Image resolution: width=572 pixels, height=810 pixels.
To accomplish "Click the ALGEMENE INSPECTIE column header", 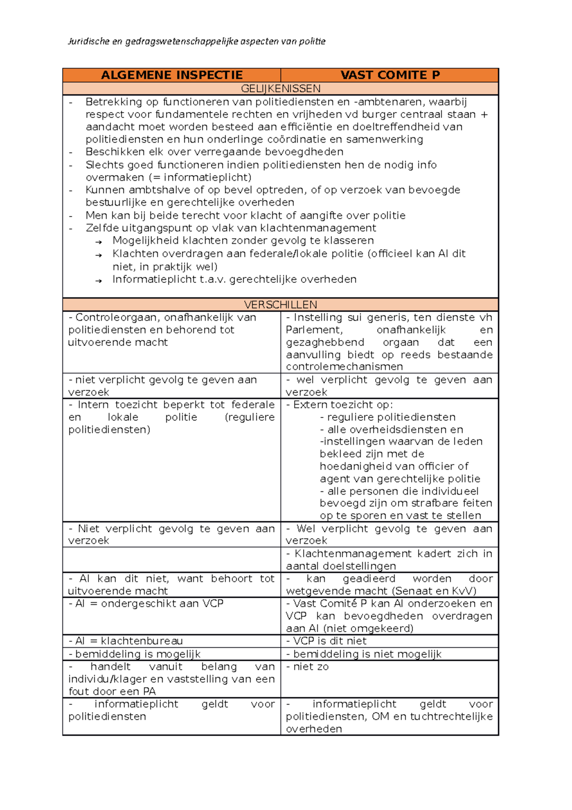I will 172,75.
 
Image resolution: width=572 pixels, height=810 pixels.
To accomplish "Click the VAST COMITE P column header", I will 389,75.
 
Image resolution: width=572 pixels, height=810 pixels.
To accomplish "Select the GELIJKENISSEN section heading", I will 280,89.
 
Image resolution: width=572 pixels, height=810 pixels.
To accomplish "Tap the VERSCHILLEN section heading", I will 280,305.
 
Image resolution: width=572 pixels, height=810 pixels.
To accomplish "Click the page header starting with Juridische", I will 196,42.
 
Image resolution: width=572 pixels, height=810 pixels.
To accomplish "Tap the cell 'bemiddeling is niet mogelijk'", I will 367,654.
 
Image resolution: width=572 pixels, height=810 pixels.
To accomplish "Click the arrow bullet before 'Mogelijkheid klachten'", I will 99,242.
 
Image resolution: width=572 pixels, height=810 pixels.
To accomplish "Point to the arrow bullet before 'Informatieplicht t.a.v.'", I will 99,281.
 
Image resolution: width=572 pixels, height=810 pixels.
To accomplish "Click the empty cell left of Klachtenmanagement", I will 172,560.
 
